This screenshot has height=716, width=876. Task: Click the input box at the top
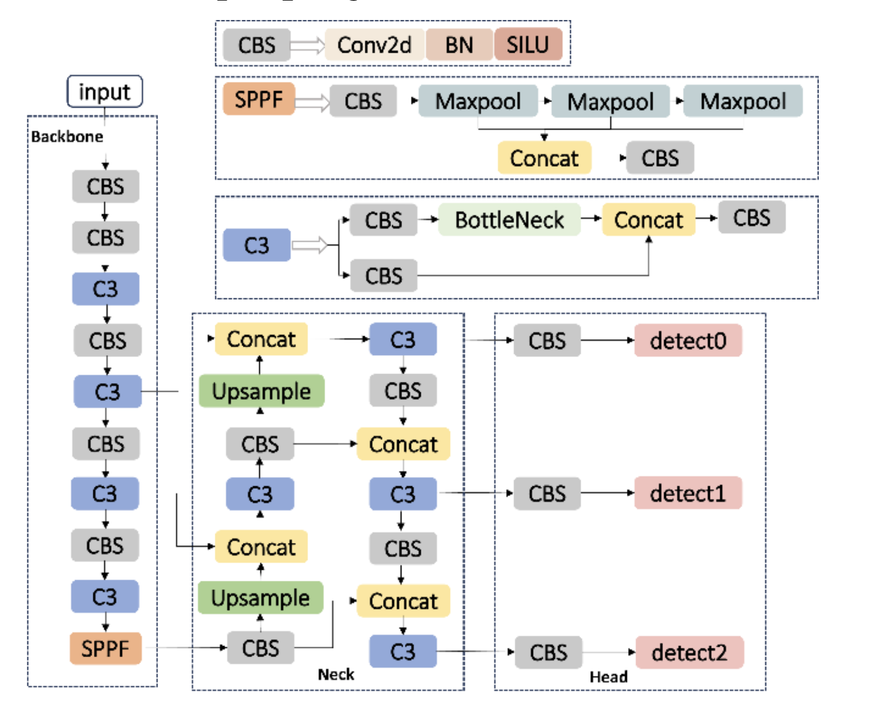click(105, 92)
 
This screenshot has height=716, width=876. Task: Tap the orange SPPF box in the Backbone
click(105, 648)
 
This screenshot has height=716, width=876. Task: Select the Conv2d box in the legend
click(374, 45)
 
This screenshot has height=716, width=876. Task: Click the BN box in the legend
click(459, 45)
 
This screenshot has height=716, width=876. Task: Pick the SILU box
click(528, 45)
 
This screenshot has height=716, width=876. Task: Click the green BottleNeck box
click(509, 220)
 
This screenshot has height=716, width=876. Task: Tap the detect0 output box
click(688, 341)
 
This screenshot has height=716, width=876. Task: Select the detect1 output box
click(688, 493)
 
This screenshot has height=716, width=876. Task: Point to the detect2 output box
click(689, 652)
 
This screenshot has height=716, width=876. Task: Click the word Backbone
click(67, 137)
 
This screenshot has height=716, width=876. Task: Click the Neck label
click(336, 675)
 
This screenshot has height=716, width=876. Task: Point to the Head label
click(609, 677)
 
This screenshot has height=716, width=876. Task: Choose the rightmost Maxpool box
click(743, 101)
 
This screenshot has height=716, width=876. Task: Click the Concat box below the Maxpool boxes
click(544, 158)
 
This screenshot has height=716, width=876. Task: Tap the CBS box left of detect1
click(547, 493)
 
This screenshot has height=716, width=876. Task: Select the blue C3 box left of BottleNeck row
click(257, 245)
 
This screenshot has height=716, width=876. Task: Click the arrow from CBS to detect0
click(607, 340)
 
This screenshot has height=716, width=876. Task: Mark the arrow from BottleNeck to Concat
click(591, 218)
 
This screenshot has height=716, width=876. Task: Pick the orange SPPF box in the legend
click(259, 99)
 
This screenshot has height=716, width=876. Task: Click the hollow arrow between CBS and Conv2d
click(308, 45)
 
